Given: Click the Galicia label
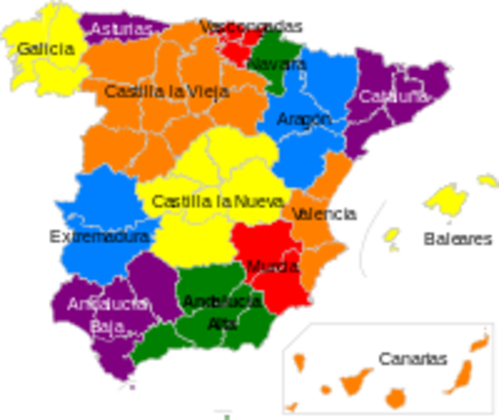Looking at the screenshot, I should [45, 49].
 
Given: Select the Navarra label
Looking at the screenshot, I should [276, 65].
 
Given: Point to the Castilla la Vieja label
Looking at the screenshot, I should [167, 91].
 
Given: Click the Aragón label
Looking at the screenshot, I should [303, 119].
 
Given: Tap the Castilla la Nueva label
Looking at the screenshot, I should [217, 201].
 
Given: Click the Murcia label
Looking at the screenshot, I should [272, 266].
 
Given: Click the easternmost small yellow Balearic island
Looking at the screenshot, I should [485, 179].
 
